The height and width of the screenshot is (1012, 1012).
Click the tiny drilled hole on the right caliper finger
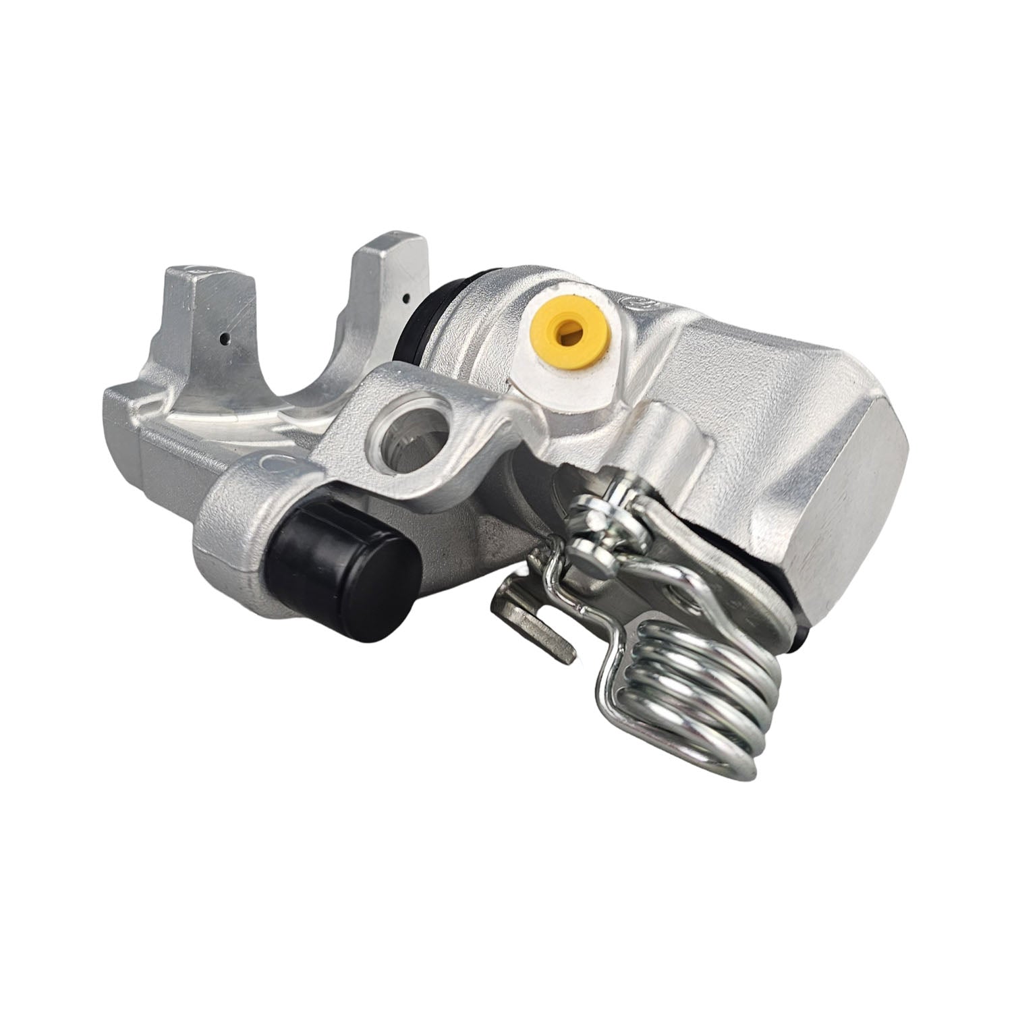pos(406,296)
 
